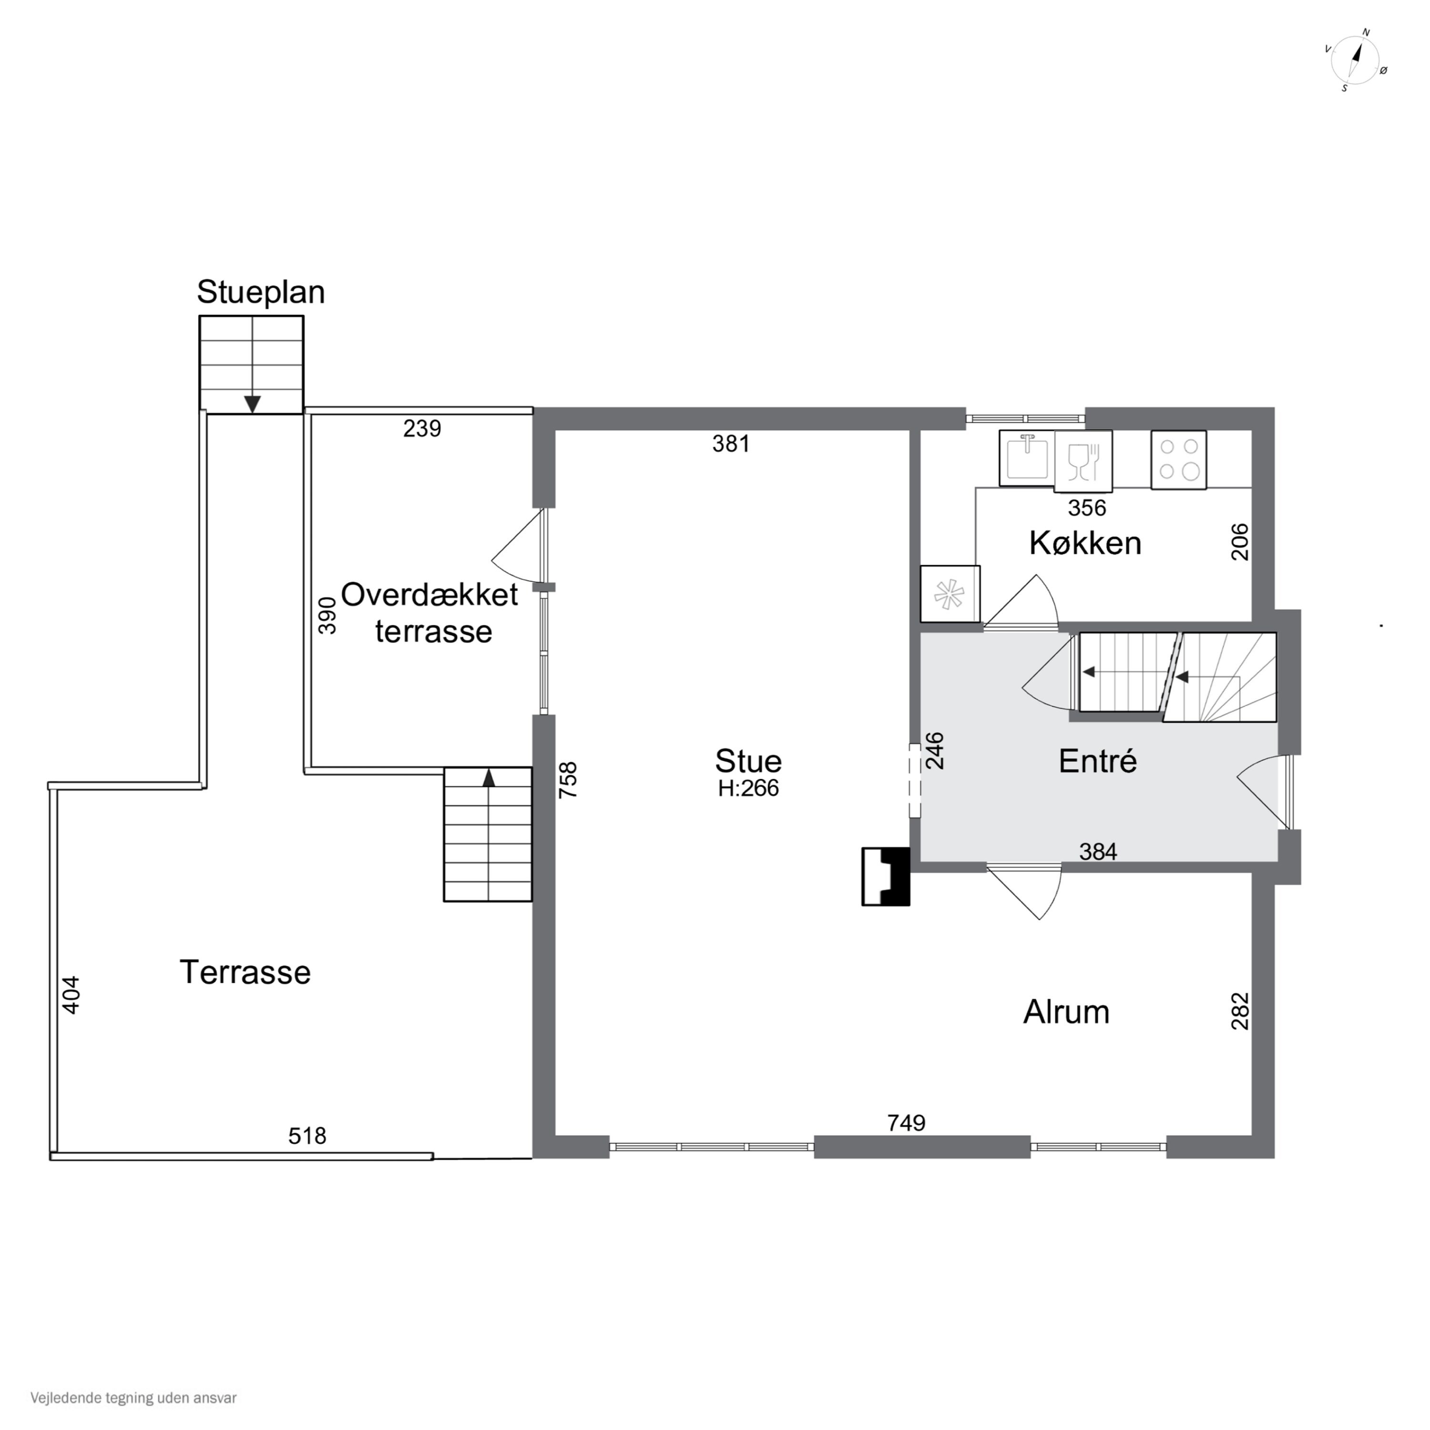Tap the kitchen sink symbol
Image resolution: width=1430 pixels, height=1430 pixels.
coord(1027,458)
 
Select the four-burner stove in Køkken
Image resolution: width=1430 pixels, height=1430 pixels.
coord(1178,460)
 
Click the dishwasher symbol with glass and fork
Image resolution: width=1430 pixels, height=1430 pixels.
coord(1083,461)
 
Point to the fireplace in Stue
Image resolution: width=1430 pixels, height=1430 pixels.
coord(885,877)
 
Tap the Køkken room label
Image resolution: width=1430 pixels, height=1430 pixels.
coord(1085,543)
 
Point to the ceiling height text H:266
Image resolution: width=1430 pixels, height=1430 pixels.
coord(748,788)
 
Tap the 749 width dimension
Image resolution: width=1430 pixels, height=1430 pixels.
coord(906,1123)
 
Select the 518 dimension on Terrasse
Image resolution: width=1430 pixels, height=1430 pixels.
coord(307,1135)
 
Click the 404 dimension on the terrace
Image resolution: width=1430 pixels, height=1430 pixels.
coord(71,995)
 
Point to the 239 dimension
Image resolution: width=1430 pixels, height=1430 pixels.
coord(422,429)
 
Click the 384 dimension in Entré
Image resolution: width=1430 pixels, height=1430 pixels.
coord(1098,852)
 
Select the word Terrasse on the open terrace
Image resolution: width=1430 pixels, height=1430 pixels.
coord(245,972)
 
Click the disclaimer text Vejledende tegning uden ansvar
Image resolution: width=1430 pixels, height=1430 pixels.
coord(133,1398)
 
